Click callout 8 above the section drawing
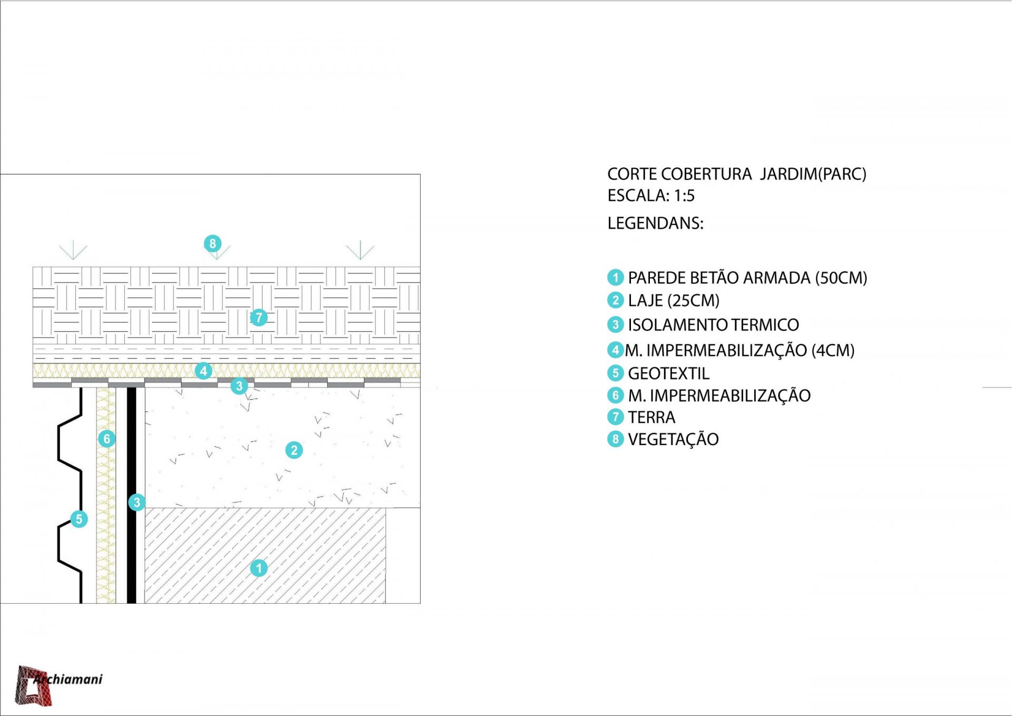point(212,244)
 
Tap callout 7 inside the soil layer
point(259,317)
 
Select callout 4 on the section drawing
point(203,371)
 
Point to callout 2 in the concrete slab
point(294,450)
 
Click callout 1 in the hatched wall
point(259,568)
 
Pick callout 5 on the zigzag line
point(79,519)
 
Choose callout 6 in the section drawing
point(107,438)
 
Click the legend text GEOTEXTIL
point(668,373)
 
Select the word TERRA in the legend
point(651,417)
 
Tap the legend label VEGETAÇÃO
point(673,439)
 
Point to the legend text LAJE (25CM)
point(674,301)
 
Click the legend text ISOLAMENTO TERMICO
point(713,325)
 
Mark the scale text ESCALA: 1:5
point(651,196)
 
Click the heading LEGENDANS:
point(655,223)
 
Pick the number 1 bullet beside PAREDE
point(615,277)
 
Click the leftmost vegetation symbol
point(73,250)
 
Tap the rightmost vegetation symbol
point(361,250)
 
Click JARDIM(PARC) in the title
point(813,174)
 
